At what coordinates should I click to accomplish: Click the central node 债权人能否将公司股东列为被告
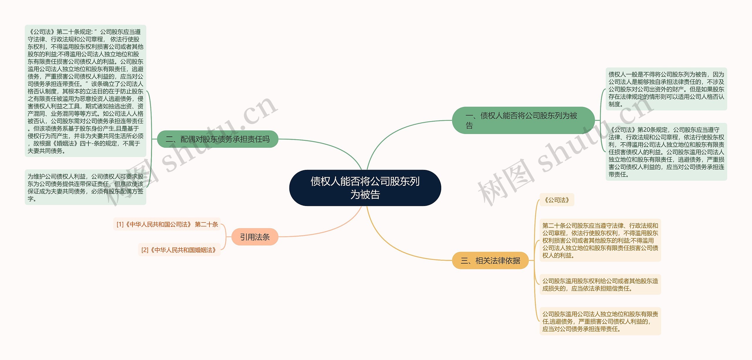365,188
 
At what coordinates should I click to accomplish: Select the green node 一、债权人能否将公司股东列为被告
523,120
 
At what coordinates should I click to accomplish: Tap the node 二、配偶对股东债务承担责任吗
217,139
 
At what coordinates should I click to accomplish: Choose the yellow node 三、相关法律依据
490,260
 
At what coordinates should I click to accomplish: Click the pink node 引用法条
255,237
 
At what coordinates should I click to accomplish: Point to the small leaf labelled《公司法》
557,200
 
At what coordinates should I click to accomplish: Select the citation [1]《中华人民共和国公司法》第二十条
167,225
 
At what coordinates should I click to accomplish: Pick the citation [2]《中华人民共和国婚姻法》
179,250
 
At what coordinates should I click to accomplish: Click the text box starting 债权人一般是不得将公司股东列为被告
666,89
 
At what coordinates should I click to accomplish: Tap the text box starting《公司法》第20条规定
666,152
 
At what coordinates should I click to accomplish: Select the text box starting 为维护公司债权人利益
85,187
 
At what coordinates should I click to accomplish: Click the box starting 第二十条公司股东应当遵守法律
600,240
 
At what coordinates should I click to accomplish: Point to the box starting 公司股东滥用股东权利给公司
600,284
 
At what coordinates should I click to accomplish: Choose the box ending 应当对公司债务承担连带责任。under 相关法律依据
600,321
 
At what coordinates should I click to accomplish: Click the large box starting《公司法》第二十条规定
85,91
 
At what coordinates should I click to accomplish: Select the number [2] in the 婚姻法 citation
145,250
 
